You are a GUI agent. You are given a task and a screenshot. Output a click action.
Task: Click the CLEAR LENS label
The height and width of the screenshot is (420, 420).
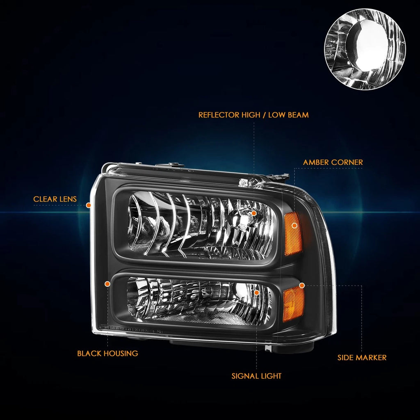coord(55,199)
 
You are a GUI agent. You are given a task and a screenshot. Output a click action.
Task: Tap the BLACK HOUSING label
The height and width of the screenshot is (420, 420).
coord(108,353)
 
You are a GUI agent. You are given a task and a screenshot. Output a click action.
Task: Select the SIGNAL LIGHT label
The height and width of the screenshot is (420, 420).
coord(256,376)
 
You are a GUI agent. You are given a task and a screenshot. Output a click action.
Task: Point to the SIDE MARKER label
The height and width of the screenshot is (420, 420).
coord(362,358)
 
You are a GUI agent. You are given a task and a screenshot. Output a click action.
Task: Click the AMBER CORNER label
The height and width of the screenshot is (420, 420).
coord(333,162)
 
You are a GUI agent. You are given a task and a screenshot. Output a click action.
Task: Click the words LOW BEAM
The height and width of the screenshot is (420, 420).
coord(288,115)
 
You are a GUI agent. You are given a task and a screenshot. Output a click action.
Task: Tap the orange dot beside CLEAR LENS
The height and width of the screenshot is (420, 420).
coord(89,205)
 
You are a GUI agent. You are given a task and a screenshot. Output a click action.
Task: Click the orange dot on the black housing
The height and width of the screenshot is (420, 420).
coord(107,284)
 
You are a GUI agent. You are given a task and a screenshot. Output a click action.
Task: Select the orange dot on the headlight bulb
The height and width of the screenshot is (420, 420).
coord(253,213)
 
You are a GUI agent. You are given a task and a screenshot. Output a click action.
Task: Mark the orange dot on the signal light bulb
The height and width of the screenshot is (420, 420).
coord(256,292)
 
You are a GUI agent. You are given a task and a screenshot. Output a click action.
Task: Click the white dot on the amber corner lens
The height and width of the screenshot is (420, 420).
coord(294,226)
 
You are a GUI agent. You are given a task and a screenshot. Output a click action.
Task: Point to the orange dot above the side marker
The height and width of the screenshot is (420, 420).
coord(302,285)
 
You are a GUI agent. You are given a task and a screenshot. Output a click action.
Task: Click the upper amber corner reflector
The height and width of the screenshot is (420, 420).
coord(293,233)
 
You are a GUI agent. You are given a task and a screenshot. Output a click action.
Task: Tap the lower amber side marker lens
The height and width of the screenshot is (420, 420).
coord(293,304)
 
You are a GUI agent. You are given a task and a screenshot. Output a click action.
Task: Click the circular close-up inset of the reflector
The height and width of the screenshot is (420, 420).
coord(365,49)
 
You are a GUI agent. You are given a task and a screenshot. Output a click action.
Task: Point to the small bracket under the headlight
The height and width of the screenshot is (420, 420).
coord(268,348)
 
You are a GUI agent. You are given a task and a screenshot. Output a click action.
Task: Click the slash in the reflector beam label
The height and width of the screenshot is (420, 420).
coord(264,115)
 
